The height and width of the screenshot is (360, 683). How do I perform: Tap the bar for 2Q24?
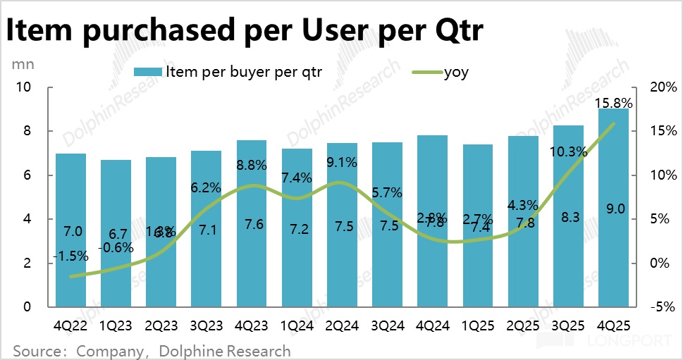point(342,225)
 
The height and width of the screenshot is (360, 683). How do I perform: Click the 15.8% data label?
point(613,103)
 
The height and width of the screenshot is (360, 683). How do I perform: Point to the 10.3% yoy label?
point(568,151)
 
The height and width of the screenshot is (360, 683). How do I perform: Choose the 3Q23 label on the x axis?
point(207,325)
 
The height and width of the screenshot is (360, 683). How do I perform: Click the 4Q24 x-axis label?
point(432,325)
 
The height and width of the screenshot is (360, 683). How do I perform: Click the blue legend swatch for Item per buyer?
point(148,72)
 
